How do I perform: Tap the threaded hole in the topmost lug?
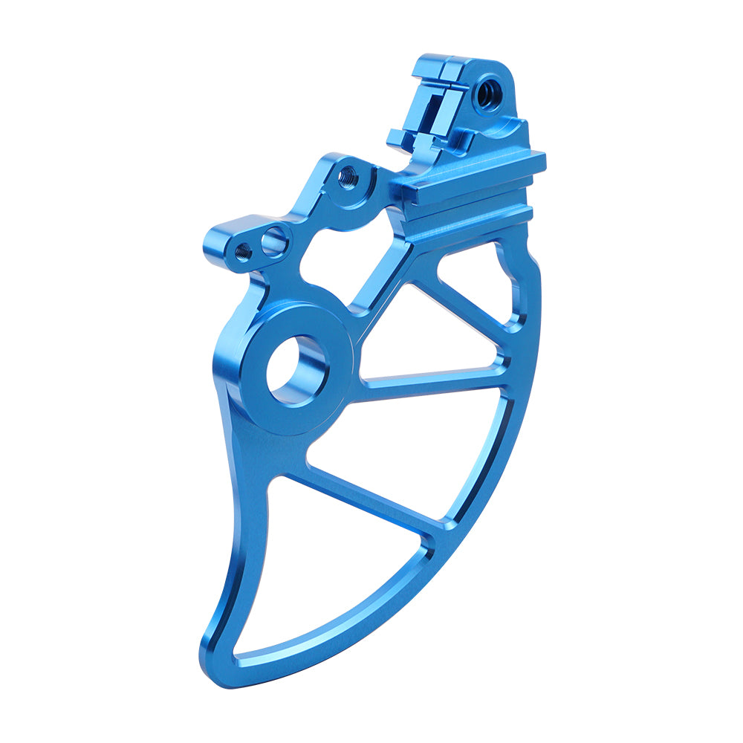coord(488,94)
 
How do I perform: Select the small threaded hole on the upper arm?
coord(347,177)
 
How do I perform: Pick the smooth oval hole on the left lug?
coord(273,240)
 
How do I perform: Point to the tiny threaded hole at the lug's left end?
coord(241,250)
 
